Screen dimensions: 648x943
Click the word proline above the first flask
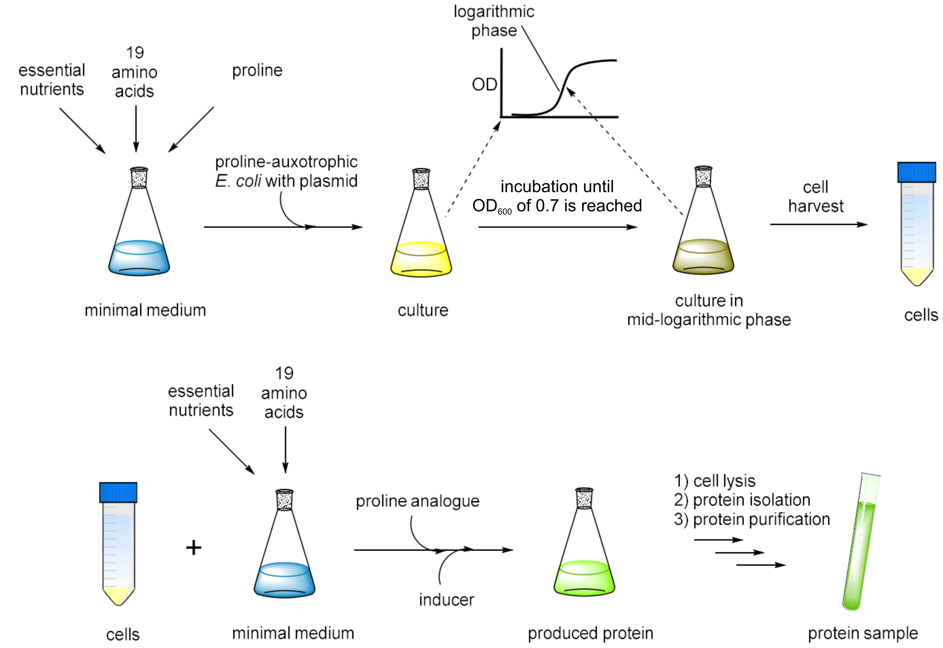(x=257, y=71)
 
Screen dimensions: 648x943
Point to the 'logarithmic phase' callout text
(x=494, y=21)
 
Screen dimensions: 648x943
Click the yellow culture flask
(x=421, y=244)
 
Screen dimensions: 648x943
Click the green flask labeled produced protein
(x=584, y=564)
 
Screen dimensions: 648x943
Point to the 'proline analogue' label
(x=417, y=501)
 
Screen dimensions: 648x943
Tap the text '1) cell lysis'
(x=715, y=481)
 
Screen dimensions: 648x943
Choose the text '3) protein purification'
(x=752, y=519)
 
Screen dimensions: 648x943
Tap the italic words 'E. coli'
(x=238, y=181)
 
